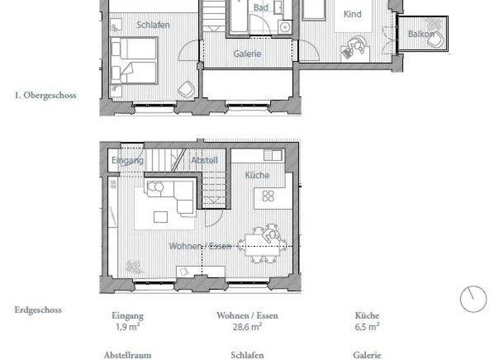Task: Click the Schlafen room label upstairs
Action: pyautogui.click(x=153, y=24)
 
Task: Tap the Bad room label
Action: pyautogui.click(x=261, y=8)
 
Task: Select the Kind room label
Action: pyautogui.click(x=352, y=14)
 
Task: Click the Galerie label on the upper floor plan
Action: pyautogui.click(x=247, y=54)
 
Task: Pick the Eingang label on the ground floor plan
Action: pyautogui.click(x=127, y=160)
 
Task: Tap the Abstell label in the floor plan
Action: pyautogui.click(x=205, y=160)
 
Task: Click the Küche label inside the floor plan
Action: pyautogui.click(x=257, y=175)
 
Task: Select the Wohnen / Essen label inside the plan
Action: pyautogui.click(x=200, y=246)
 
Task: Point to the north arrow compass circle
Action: pyautogui.click(x=473, y=299)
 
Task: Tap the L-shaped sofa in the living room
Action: pyautogui.click(x=170, y=196)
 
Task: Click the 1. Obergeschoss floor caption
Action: pyautogui.click(x=45, y=95)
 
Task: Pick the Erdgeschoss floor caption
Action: pyautogui.click(x=38, y=310)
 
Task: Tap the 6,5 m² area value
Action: pyautogui.click(x=367, y=327)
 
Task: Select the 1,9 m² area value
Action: pyautogui.click(x=127, y=327)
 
